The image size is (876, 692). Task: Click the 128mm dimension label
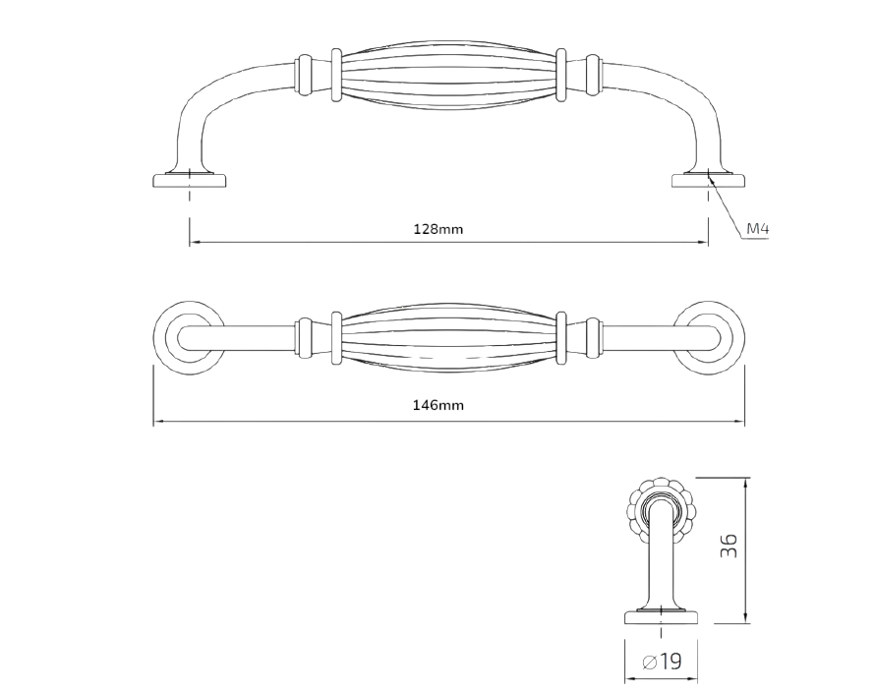click(x=438, y=229)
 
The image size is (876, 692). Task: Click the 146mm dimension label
click(x=438, y=405)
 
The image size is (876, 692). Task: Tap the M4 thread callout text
click(x=758, y=228)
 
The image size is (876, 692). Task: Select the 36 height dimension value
click(x=729, y=546)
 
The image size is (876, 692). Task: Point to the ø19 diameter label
click(x=662, y=662)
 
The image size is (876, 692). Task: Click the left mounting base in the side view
click(x=190, y=180)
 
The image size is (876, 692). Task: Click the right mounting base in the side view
click(x=709, y=180)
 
